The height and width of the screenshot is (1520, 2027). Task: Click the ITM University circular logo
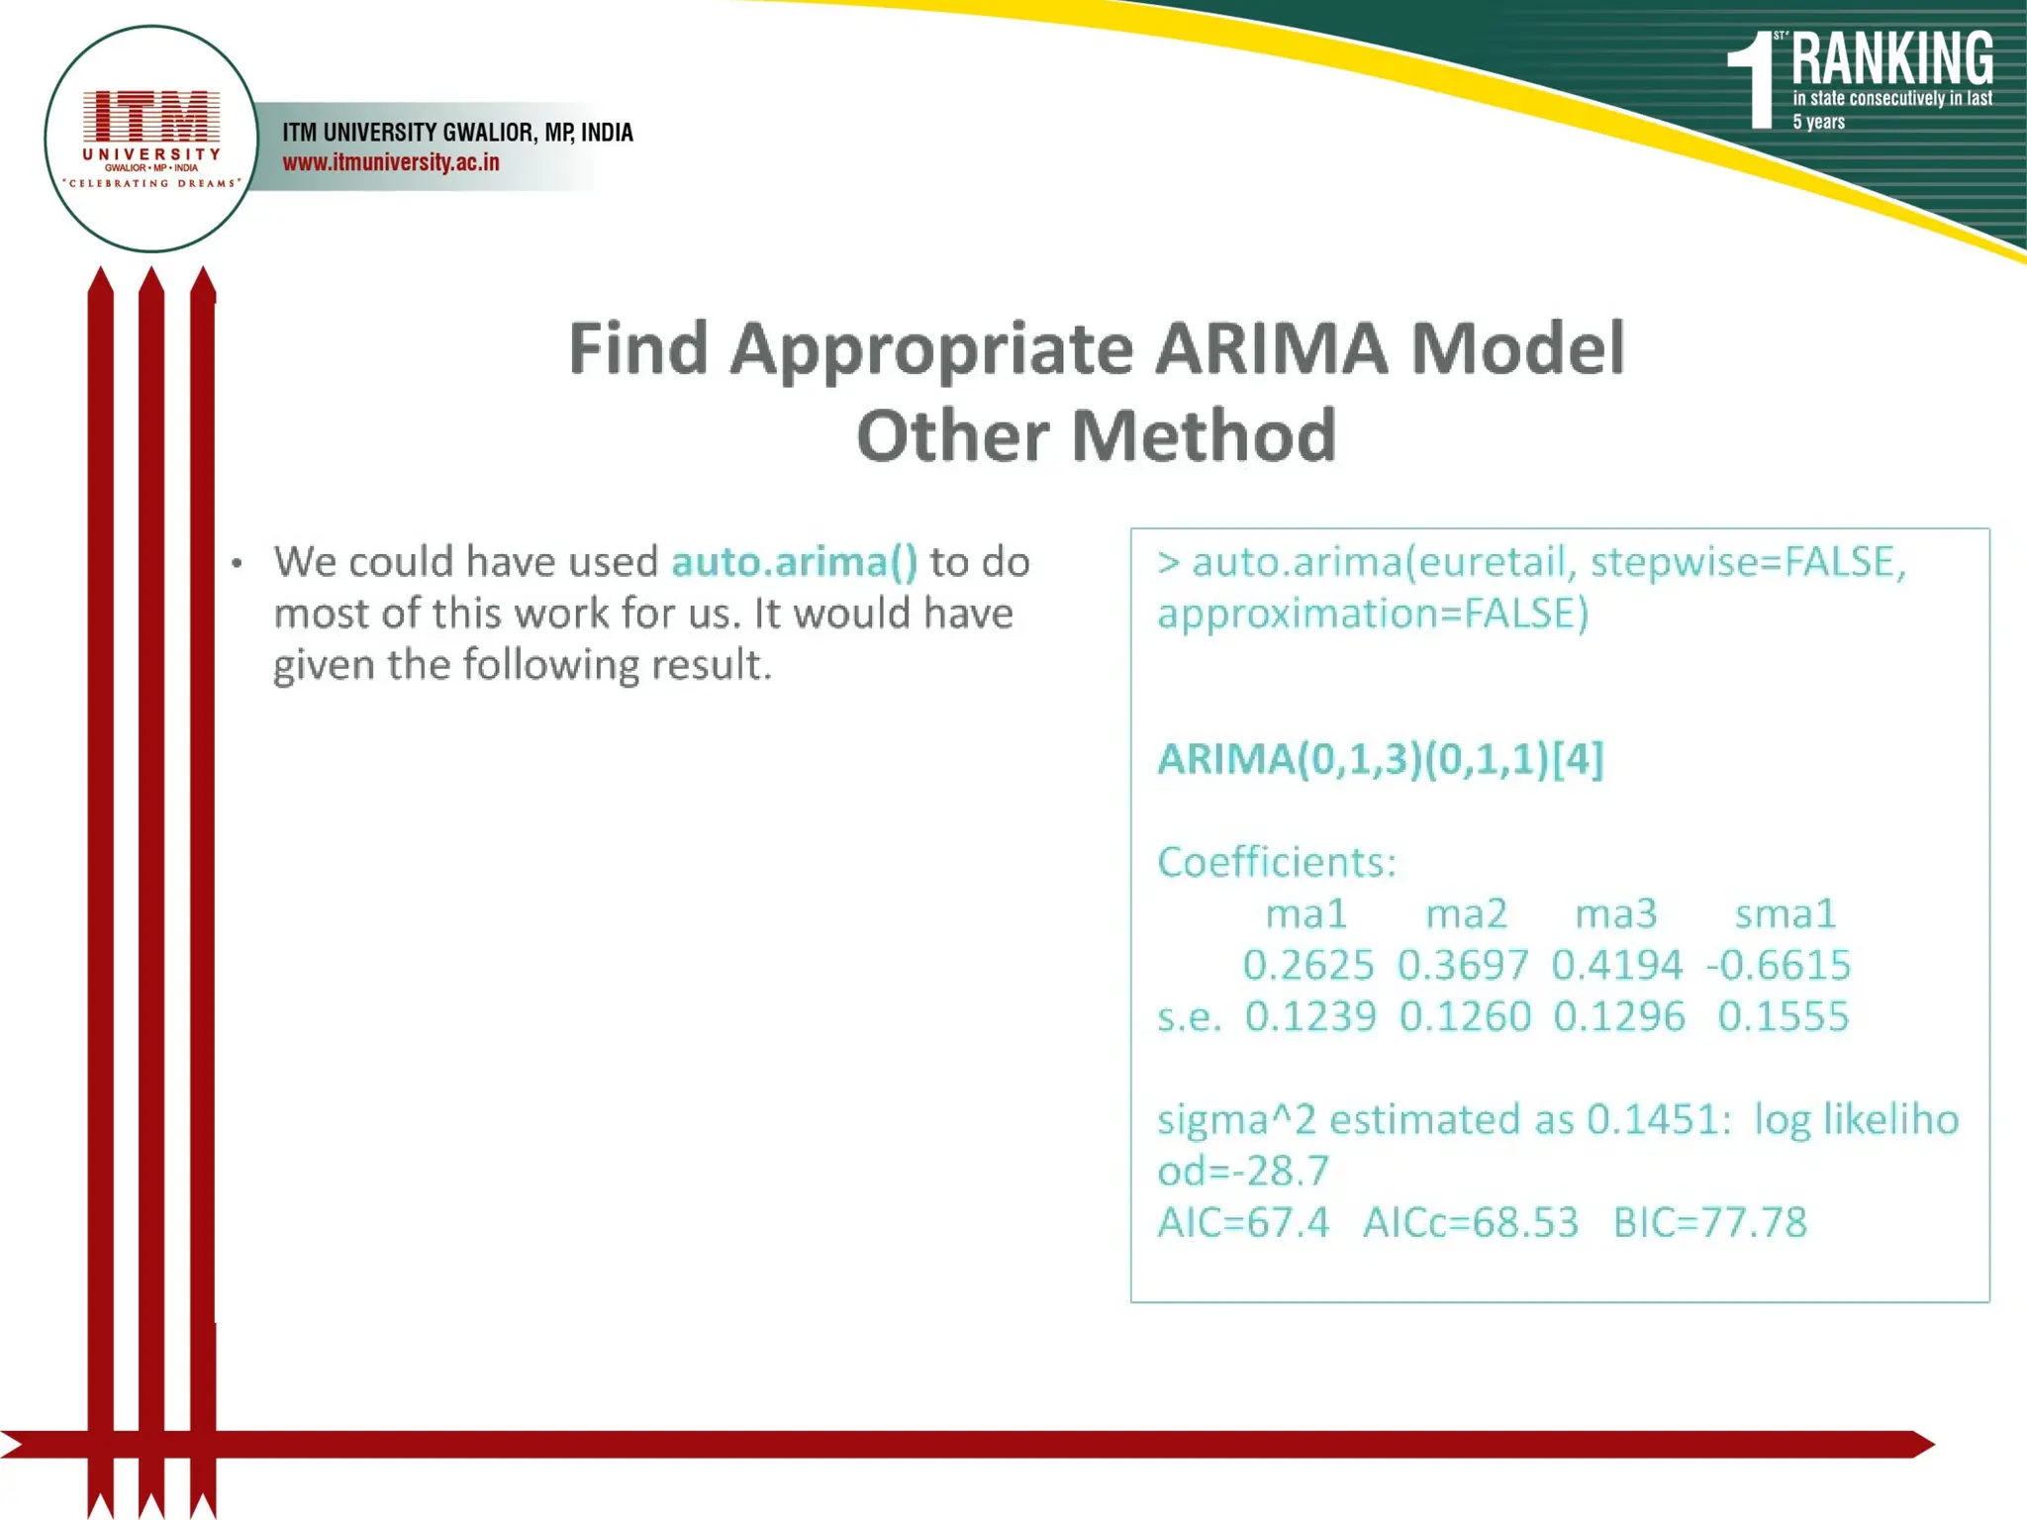tap(151, 139)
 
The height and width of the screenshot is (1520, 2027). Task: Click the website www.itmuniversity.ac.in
tap(391, 162)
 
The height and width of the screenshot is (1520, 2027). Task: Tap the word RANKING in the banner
tap(1891, 59)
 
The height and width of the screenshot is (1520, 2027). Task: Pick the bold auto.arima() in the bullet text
tap(795, 562)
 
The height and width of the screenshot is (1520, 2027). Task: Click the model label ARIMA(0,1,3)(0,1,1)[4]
tap(1381, 759)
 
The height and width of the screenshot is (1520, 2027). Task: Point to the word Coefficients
tap(1277, 862)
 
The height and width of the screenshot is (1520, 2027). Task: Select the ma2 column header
tap(1466, 913)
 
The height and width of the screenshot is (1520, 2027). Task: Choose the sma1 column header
tap(1786, 913)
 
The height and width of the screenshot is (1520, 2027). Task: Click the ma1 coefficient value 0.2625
tap(1308, 965)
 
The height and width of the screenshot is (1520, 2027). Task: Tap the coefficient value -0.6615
tap(1779, 965)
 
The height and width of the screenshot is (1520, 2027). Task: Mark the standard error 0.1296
tap(1618, 1016)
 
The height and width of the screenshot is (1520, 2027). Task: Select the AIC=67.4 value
tap(1243, 1222)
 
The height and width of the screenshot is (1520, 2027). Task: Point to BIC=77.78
tap(1709, 1222)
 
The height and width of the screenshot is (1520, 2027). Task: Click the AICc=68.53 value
tap(1470, 1222)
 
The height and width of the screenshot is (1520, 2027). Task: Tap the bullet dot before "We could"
tap(237, 564)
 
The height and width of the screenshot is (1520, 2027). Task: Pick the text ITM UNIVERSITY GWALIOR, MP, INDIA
tap(457, 133)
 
